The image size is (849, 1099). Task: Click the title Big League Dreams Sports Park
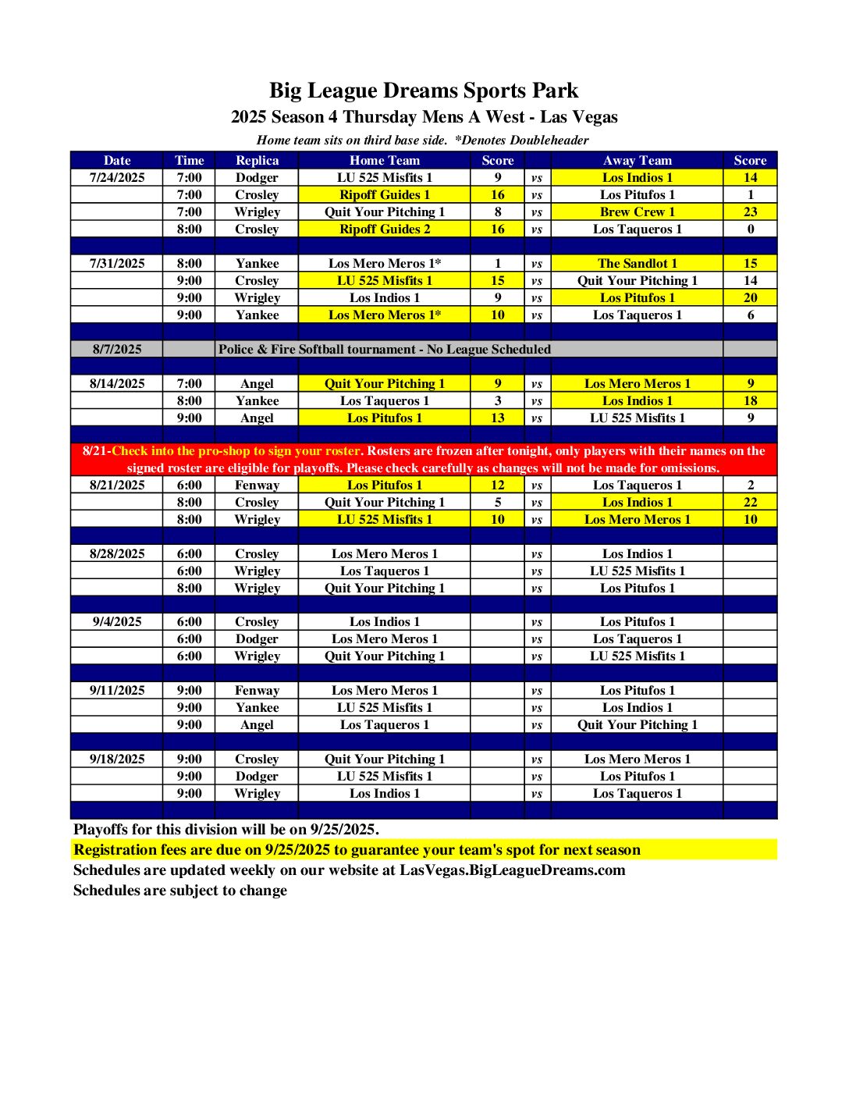(x=424, y=91)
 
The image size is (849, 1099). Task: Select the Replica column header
(x=257, y=160)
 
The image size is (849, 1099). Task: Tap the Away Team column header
(x=637, y=160)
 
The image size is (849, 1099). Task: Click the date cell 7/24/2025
(x=117, y=177)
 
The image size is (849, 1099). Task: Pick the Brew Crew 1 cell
(x=637, y=212)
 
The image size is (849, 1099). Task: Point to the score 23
(x=750, y=212)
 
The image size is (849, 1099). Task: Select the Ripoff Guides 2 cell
(x=384, y=229)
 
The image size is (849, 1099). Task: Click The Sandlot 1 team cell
(x=637, y=263)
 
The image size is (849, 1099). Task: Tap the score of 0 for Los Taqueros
(x=750, y=229)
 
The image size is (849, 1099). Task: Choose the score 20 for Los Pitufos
(x=750, y=297)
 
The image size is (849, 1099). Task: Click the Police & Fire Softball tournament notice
(x=384, y=349)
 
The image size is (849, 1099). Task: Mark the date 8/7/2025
(x=117, y=349)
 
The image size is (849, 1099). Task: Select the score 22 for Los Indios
(x=750, y=502)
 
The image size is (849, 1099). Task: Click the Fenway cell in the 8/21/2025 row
(x=257, y=485)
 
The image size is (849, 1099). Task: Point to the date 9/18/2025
(x=117, y=759)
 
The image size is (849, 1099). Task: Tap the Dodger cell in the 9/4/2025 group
(x=257, y=638)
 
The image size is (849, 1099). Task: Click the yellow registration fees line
(x=357, y=849)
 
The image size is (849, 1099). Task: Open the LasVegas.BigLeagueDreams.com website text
(x=512, y=870)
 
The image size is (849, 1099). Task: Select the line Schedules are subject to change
(x=179, y=890)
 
